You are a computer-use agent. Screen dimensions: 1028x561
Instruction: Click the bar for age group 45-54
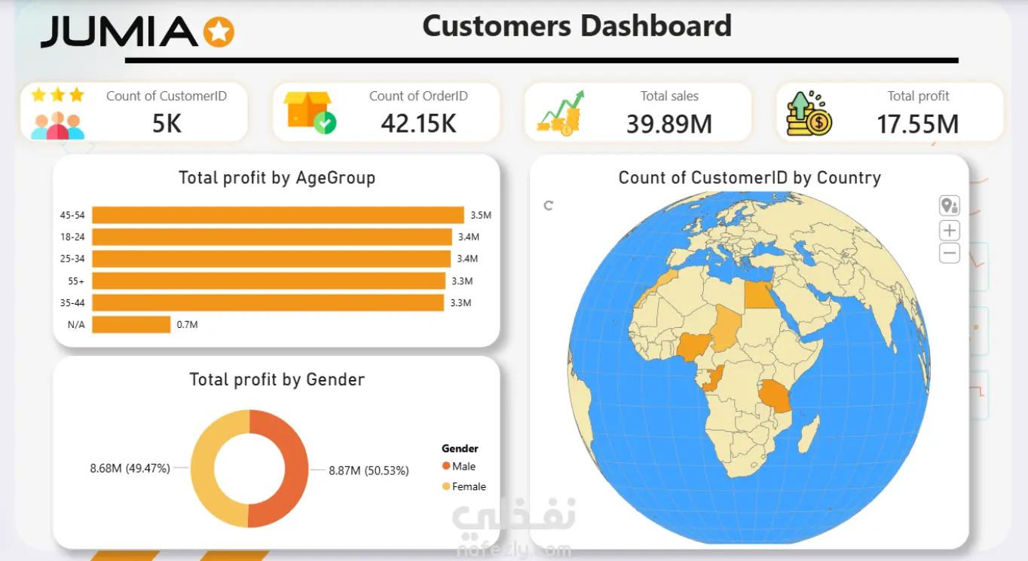(x=277, y=215)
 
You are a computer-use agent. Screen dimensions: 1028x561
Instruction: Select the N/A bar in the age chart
(x=131, y=324)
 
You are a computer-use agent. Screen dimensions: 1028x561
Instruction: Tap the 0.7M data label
(x=187, y=324)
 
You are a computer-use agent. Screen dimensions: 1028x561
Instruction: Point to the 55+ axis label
(x=76, y=281)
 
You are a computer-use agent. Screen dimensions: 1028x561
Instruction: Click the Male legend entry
(x=458, y=467)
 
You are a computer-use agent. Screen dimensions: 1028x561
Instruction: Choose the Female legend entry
(x=464, y=486)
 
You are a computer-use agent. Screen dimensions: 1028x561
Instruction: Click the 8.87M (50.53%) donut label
(x=369, y=471)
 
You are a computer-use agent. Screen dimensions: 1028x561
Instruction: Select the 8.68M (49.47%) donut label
(x=130, y=468)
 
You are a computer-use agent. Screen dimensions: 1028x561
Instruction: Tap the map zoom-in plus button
(x=950, y=230)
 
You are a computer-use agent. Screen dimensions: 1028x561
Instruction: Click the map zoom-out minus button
(x=950, y=253)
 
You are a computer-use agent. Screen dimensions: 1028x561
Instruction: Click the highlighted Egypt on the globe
(x=760, y=295)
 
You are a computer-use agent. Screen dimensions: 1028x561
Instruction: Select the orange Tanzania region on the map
(x=775, y=396)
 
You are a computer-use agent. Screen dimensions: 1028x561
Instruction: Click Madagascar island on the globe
(x=809, y=434)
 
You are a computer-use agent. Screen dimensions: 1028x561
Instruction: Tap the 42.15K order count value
(x=418, y=124)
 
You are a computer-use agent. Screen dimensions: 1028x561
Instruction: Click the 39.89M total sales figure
(x=669, y=124)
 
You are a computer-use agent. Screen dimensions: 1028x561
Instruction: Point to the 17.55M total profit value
(x=918, y=124)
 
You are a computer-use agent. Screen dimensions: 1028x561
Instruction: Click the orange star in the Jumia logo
(x=219, y=32)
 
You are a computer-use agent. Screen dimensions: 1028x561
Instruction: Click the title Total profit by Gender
(x=277, y=380)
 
